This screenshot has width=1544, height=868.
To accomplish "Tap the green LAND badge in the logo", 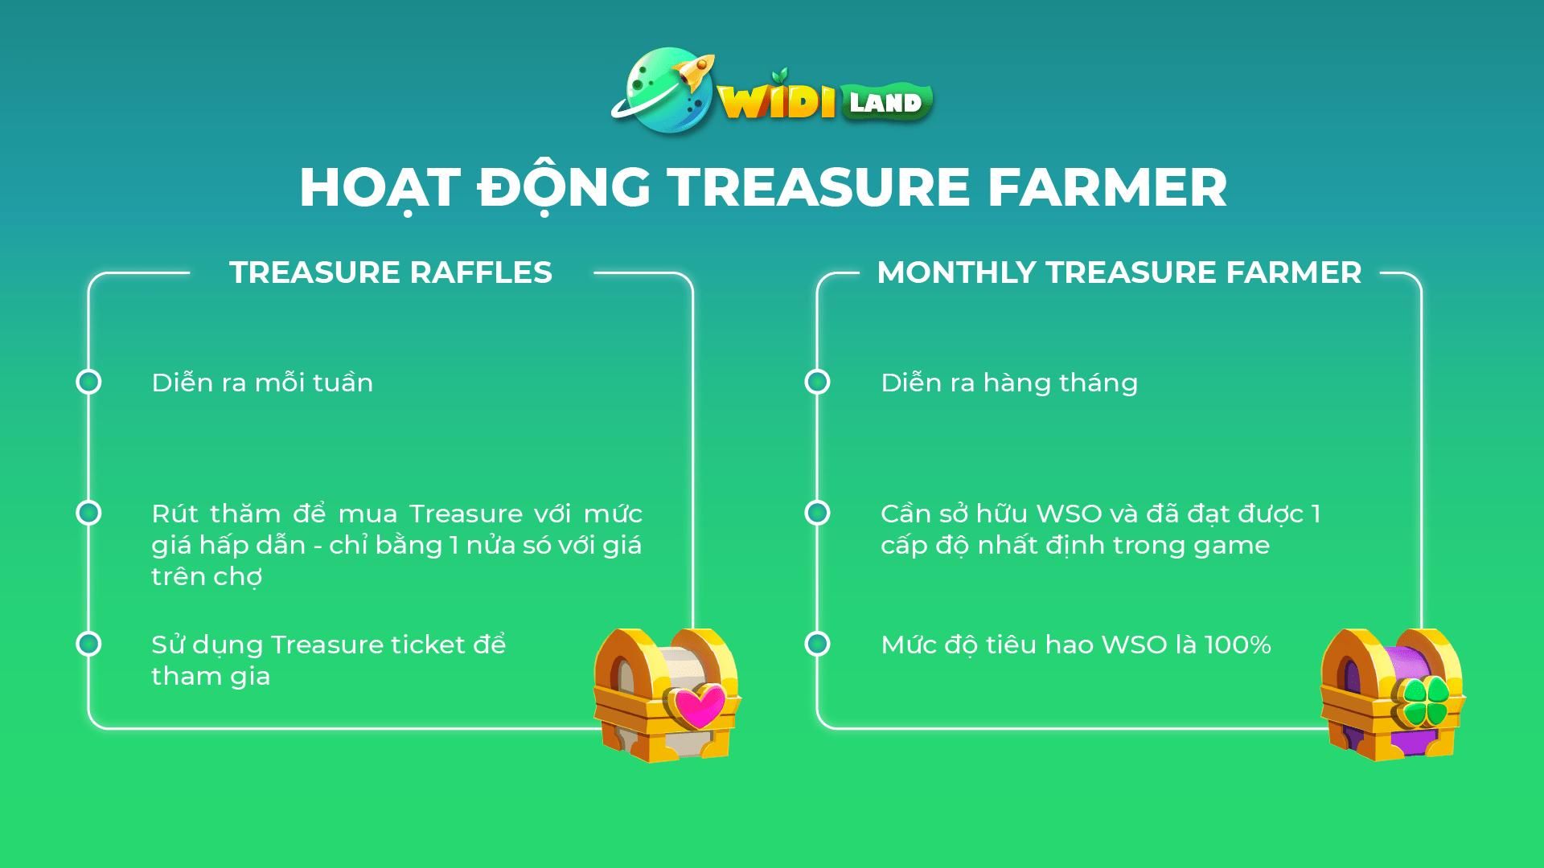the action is tap(887, 103).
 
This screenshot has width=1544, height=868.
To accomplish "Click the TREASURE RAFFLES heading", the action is tap(391, 272).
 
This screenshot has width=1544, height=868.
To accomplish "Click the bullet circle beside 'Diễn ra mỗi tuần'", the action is tap(88, 382).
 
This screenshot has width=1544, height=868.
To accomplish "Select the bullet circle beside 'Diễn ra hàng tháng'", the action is tap(817, 382).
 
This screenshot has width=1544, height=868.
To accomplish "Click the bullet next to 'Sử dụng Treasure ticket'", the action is tap(88, 644).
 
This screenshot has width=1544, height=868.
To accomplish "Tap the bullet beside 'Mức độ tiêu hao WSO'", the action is tap(817, 644).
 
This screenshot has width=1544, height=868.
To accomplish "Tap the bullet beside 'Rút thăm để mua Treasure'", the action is tap(88, 513).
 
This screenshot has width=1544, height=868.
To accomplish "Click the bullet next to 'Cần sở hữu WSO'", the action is tap(817, 513).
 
